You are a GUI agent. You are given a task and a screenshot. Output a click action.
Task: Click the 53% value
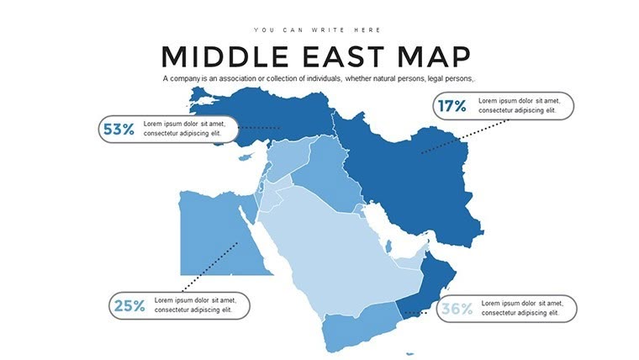(119, 130)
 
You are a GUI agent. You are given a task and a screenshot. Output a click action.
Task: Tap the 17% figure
(451, 106)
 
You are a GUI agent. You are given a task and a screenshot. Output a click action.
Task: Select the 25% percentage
(129, 306)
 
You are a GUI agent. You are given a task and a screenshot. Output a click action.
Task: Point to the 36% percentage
(457, 309)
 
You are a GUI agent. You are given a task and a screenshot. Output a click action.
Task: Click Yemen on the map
(357, 324)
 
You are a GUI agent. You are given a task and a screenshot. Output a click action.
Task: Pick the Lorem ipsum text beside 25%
(198, 305)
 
